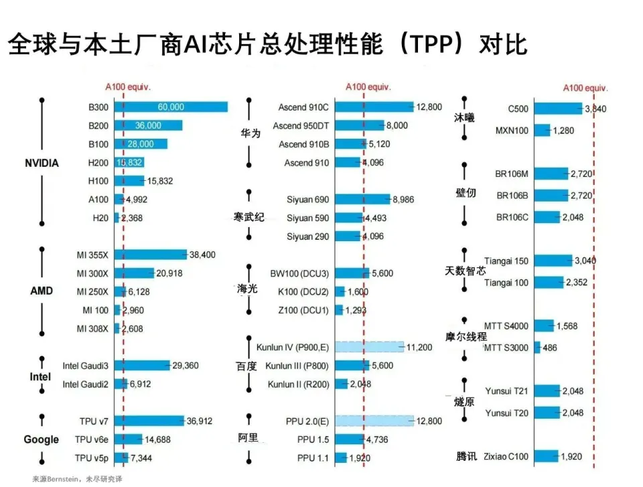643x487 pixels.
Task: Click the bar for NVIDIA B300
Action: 171,107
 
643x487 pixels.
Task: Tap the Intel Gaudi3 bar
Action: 142,366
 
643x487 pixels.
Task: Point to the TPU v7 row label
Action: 93,421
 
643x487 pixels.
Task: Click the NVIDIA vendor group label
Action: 42,163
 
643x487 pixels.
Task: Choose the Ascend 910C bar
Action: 374,107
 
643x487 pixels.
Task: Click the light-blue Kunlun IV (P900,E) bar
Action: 369,347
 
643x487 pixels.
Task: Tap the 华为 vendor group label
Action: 251,133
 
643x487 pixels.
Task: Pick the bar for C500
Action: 558,109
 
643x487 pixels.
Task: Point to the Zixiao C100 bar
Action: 546,457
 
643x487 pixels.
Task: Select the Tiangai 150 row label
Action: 506,261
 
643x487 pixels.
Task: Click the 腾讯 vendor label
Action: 467,457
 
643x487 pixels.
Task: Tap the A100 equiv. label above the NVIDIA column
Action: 128,87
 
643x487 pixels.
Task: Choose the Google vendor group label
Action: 42,439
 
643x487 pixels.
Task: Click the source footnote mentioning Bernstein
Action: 78,479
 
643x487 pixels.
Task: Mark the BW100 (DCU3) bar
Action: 352,273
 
